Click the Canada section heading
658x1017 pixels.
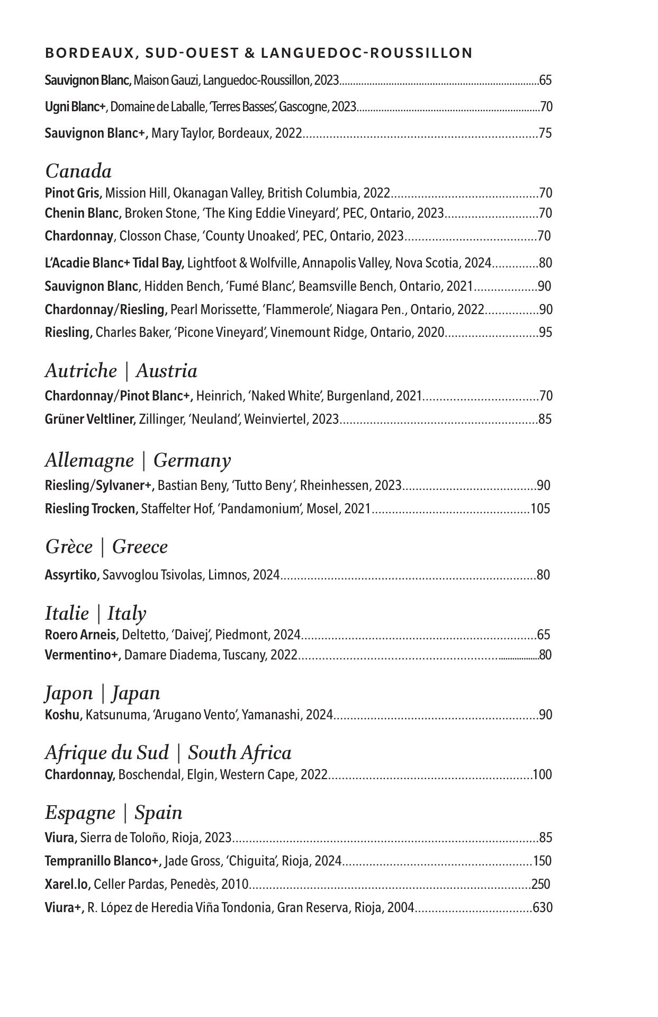(x=78, y=171)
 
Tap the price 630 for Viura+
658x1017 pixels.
(x=543, y=907)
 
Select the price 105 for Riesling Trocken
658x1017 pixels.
(x=540, y=508)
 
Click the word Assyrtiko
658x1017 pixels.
(x=72, y=575)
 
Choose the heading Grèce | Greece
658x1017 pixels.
(x=106, y=546)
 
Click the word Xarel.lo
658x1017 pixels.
(x=68, y=884)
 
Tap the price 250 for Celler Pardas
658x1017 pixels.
(x=540, y=884)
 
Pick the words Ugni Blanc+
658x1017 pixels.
(x=75, y=107)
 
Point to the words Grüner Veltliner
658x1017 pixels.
(x=90, y=419)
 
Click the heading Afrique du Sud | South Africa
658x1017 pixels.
(x=168, y=753)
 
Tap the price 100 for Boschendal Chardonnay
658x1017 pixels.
(x=542, y=774)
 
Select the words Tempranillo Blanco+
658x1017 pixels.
(x=103, y=861)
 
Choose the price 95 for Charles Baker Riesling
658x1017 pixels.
(x=545, y=332)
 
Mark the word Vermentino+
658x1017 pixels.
(x=83, y=655)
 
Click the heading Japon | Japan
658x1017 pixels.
(x=102, y=693)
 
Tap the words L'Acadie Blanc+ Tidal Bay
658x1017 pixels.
(x=114, y=263)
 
